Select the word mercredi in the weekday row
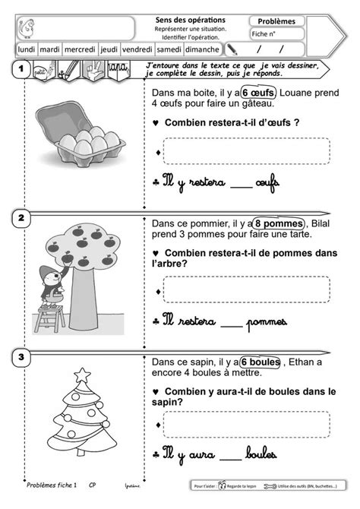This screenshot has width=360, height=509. [80, 49]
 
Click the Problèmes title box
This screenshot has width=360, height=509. [276, 21]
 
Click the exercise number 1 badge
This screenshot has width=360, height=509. [21, 70]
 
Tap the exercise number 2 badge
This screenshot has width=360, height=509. [21, 218]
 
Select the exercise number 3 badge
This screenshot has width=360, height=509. [21, 356]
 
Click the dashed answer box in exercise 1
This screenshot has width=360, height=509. [246, 151]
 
